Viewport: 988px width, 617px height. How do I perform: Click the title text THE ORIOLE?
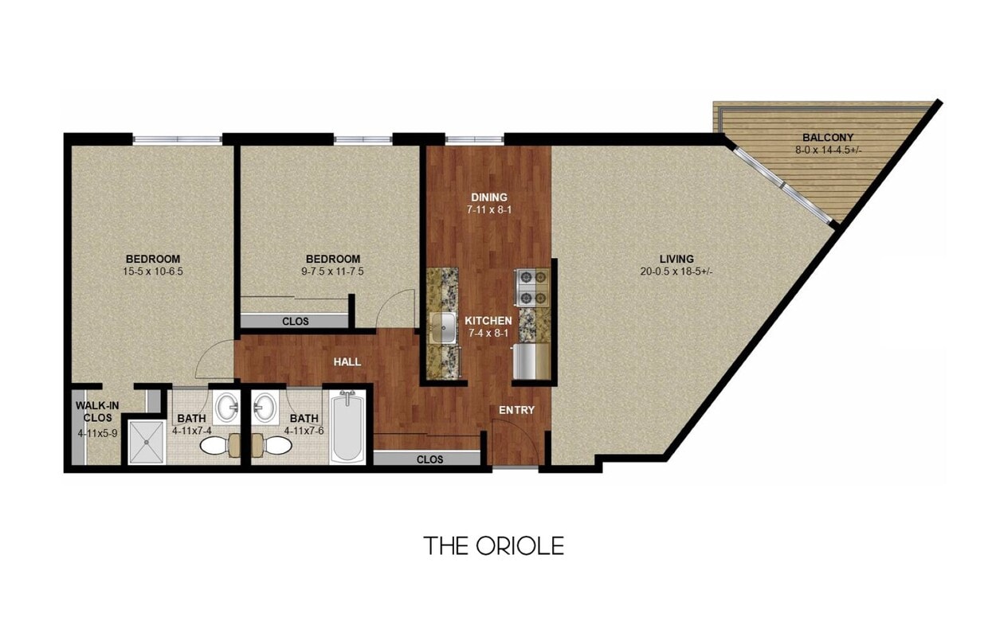pos(493,545)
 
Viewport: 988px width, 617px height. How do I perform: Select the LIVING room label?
pos(676,259)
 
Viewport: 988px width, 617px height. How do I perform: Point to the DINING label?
pos(488,197)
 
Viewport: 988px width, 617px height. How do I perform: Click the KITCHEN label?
pos(488,320)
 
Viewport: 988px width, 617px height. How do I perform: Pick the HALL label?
pos(347,361)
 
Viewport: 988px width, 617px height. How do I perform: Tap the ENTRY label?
pos(516,410)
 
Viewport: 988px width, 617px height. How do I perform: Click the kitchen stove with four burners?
pos(532,288)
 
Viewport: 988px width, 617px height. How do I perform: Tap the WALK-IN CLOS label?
pos(97,411)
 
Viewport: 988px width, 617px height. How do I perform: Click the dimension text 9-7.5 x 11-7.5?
pos(333,271)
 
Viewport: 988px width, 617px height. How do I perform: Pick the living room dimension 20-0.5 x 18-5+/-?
pos(676,271)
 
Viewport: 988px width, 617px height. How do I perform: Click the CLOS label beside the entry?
pos(429,459)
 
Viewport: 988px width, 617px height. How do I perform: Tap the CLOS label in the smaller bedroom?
pos(296,322)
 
